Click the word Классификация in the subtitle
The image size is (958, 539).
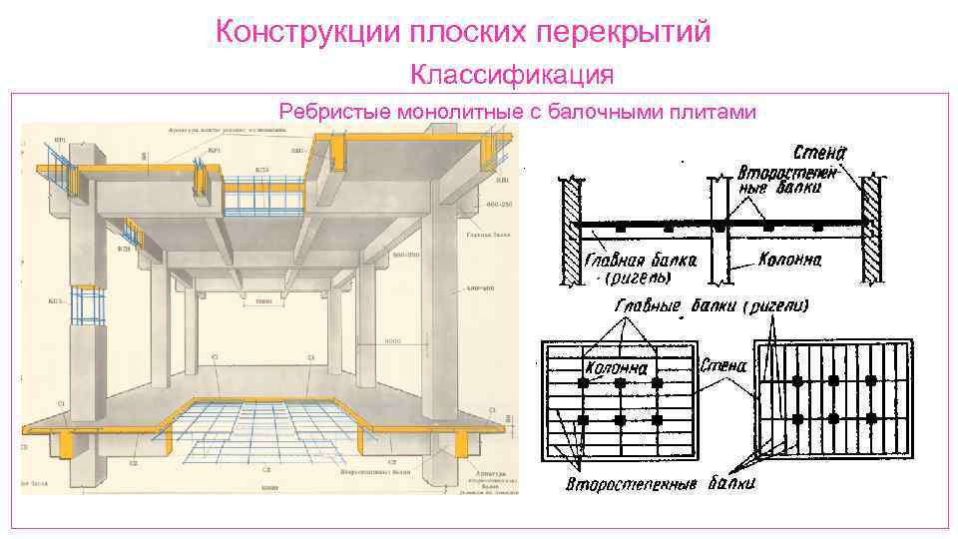click(x=511, y=75)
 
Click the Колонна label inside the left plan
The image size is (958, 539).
click(x=616, y=368)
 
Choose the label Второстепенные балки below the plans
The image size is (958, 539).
click(x=660, y=484)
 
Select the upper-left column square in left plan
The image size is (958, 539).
click(x=584, y=383)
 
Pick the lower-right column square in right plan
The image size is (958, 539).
click(x=871, y=417)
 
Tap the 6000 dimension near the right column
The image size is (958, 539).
click(x=393, y=341)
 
